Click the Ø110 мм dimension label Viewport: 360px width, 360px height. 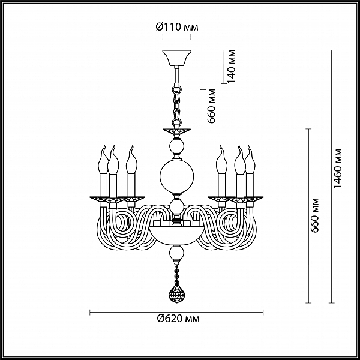177,27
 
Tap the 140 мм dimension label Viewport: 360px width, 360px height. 232,67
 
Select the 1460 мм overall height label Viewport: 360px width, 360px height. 338,169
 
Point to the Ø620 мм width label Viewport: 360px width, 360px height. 178,319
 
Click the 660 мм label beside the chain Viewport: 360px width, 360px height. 211,106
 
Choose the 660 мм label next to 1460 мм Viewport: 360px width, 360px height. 314,215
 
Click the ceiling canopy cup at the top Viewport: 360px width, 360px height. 177,58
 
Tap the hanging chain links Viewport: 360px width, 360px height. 177,105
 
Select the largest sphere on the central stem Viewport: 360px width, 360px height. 177,176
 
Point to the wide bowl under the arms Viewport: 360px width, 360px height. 176,235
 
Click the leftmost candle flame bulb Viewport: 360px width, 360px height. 103,160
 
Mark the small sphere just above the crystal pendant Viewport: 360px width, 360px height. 176,254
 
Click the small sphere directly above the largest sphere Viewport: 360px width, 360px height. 176,146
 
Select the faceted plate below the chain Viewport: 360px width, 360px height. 177,131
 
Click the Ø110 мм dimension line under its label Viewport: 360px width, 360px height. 177,37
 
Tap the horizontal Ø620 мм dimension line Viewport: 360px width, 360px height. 176,312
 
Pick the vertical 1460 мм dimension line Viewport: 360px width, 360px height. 331,176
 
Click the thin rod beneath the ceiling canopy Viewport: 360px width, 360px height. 176,75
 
